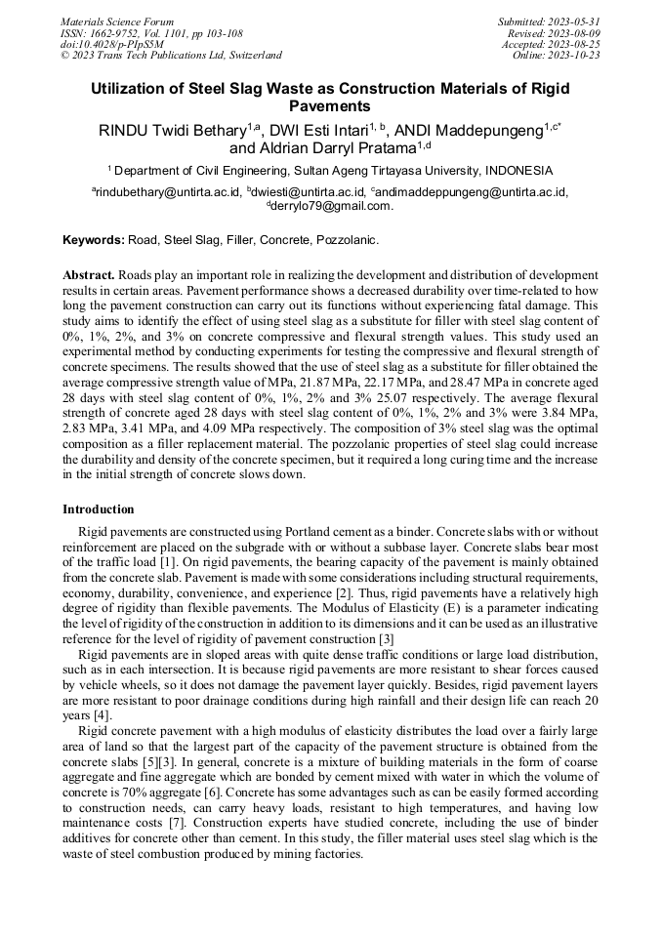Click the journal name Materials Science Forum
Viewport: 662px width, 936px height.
(x=117, y=20)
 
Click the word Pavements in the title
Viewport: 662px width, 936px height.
(x=330, y=105)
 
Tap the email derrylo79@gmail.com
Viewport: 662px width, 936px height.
(x=332, y=206)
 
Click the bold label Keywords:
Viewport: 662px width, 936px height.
(x=94, y=239)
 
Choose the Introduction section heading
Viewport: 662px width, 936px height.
(x=99, y=509)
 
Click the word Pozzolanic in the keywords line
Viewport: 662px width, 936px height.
(x=347, y=239)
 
